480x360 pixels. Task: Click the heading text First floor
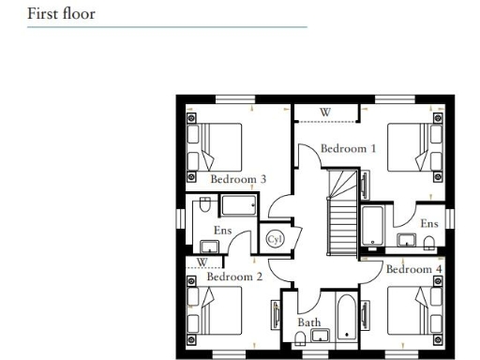[x=61, y=14]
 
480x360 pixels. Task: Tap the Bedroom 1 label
[x=348, y=148]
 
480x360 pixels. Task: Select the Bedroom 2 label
[x=234, y=277]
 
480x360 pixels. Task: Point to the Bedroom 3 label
[x=238, y=179]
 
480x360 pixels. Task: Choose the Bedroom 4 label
[x=413, y=270]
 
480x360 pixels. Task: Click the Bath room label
[x=308, y=322]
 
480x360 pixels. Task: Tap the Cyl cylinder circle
[x=275, y=239]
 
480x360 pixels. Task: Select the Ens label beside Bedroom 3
[x=222, y=230]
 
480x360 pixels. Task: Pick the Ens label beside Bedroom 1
[x=428, y=224]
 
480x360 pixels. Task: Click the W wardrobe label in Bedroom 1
[x=325, y=112]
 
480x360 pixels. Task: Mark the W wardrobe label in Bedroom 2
[x=202, y=262]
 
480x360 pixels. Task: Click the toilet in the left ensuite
[x=202, y=205]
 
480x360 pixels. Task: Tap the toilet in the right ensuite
[x=429, y=244]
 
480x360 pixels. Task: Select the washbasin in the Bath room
[x=319, y=336]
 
